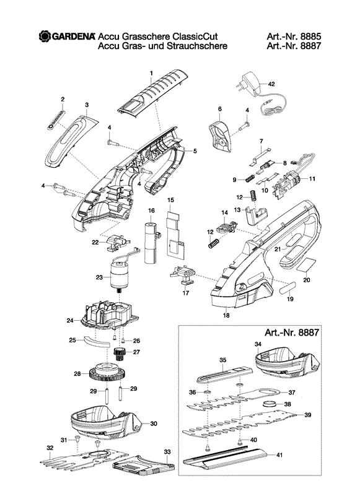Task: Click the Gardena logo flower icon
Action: (45, 36)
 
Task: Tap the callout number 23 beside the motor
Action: (99, 277)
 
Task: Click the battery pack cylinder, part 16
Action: (151, 243)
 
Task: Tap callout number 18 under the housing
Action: (226, 315)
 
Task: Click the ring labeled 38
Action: (270, 404)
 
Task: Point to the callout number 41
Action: (279, 455)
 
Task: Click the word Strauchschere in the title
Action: (197, 46)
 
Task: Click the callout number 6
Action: (220, 109)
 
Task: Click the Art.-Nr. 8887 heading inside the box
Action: (292, 332)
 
